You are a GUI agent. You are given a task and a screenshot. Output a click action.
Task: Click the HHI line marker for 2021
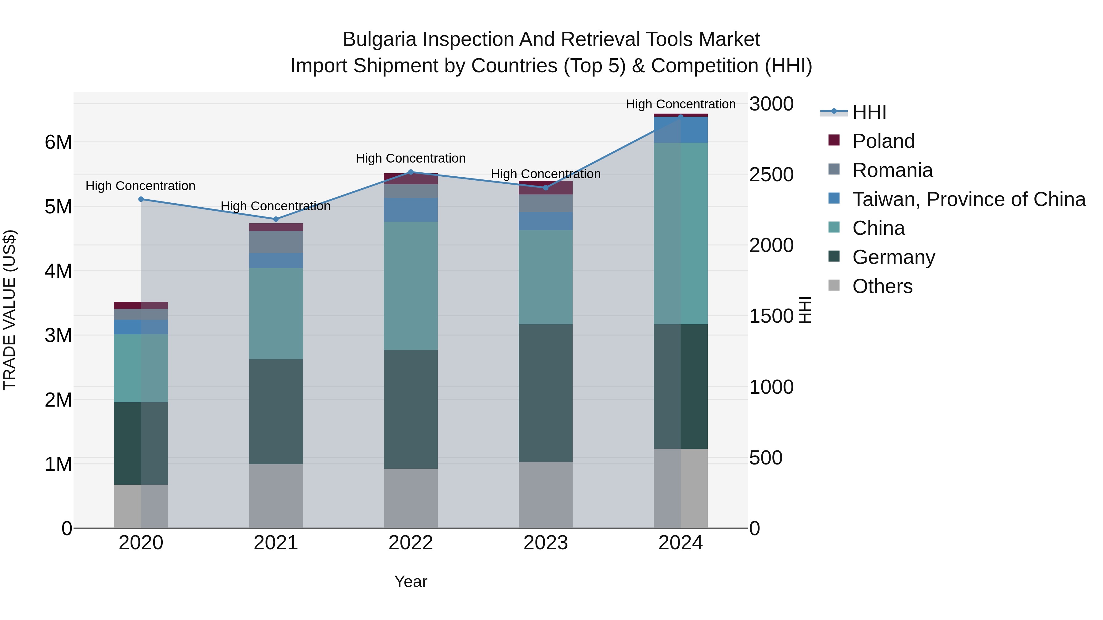pyautogui.click(x=276, y=219)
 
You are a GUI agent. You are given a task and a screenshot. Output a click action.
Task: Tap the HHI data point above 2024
pyautogui.click(x=680, y=117)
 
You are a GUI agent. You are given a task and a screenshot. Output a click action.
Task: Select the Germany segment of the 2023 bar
pyautogui.click(x=545, y=393)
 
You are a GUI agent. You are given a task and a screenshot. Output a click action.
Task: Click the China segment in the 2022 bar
pyautogui.click(x=411, y=286)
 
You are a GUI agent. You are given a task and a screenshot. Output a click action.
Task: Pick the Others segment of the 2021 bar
pyautogui.click(x=276, y=496)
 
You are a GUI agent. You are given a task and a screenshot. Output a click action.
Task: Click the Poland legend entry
pyautogui.click(x=883, y=141)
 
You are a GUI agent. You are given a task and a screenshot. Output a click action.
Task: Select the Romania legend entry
pyautogui.click(x=892, y=170)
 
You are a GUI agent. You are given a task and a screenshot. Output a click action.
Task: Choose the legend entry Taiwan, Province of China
pyautogui.click(x=968, y=199)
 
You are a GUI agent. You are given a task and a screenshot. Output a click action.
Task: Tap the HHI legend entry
pyautogui.click(x=869, y=112)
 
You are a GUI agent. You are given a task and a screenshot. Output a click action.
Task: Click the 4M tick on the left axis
pyautogui.click(x=58, y=271)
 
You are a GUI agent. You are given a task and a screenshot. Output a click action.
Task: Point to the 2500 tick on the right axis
pyautogui.click(x=771, y=175)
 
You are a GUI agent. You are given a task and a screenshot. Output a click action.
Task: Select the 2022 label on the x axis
pyautogui.click(x=411, y=543)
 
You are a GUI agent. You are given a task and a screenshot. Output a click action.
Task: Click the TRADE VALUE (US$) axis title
pyautogui.click(x=9, y=310)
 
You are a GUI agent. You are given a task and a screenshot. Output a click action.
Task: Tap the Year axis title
pyautogui.click(x=411, y=581)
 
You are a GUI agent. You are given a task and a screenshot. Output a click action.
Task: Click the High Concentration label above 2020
pyautogui.click(x=140, y=186)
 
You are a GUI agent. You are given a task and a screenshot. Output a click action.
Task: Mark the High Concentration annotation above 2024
pyautogui.click(x=680, y=104)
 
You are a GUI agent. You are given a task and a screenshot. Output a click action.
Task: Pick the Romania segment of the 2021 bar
pyautogui.click(x=276, y=242)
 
